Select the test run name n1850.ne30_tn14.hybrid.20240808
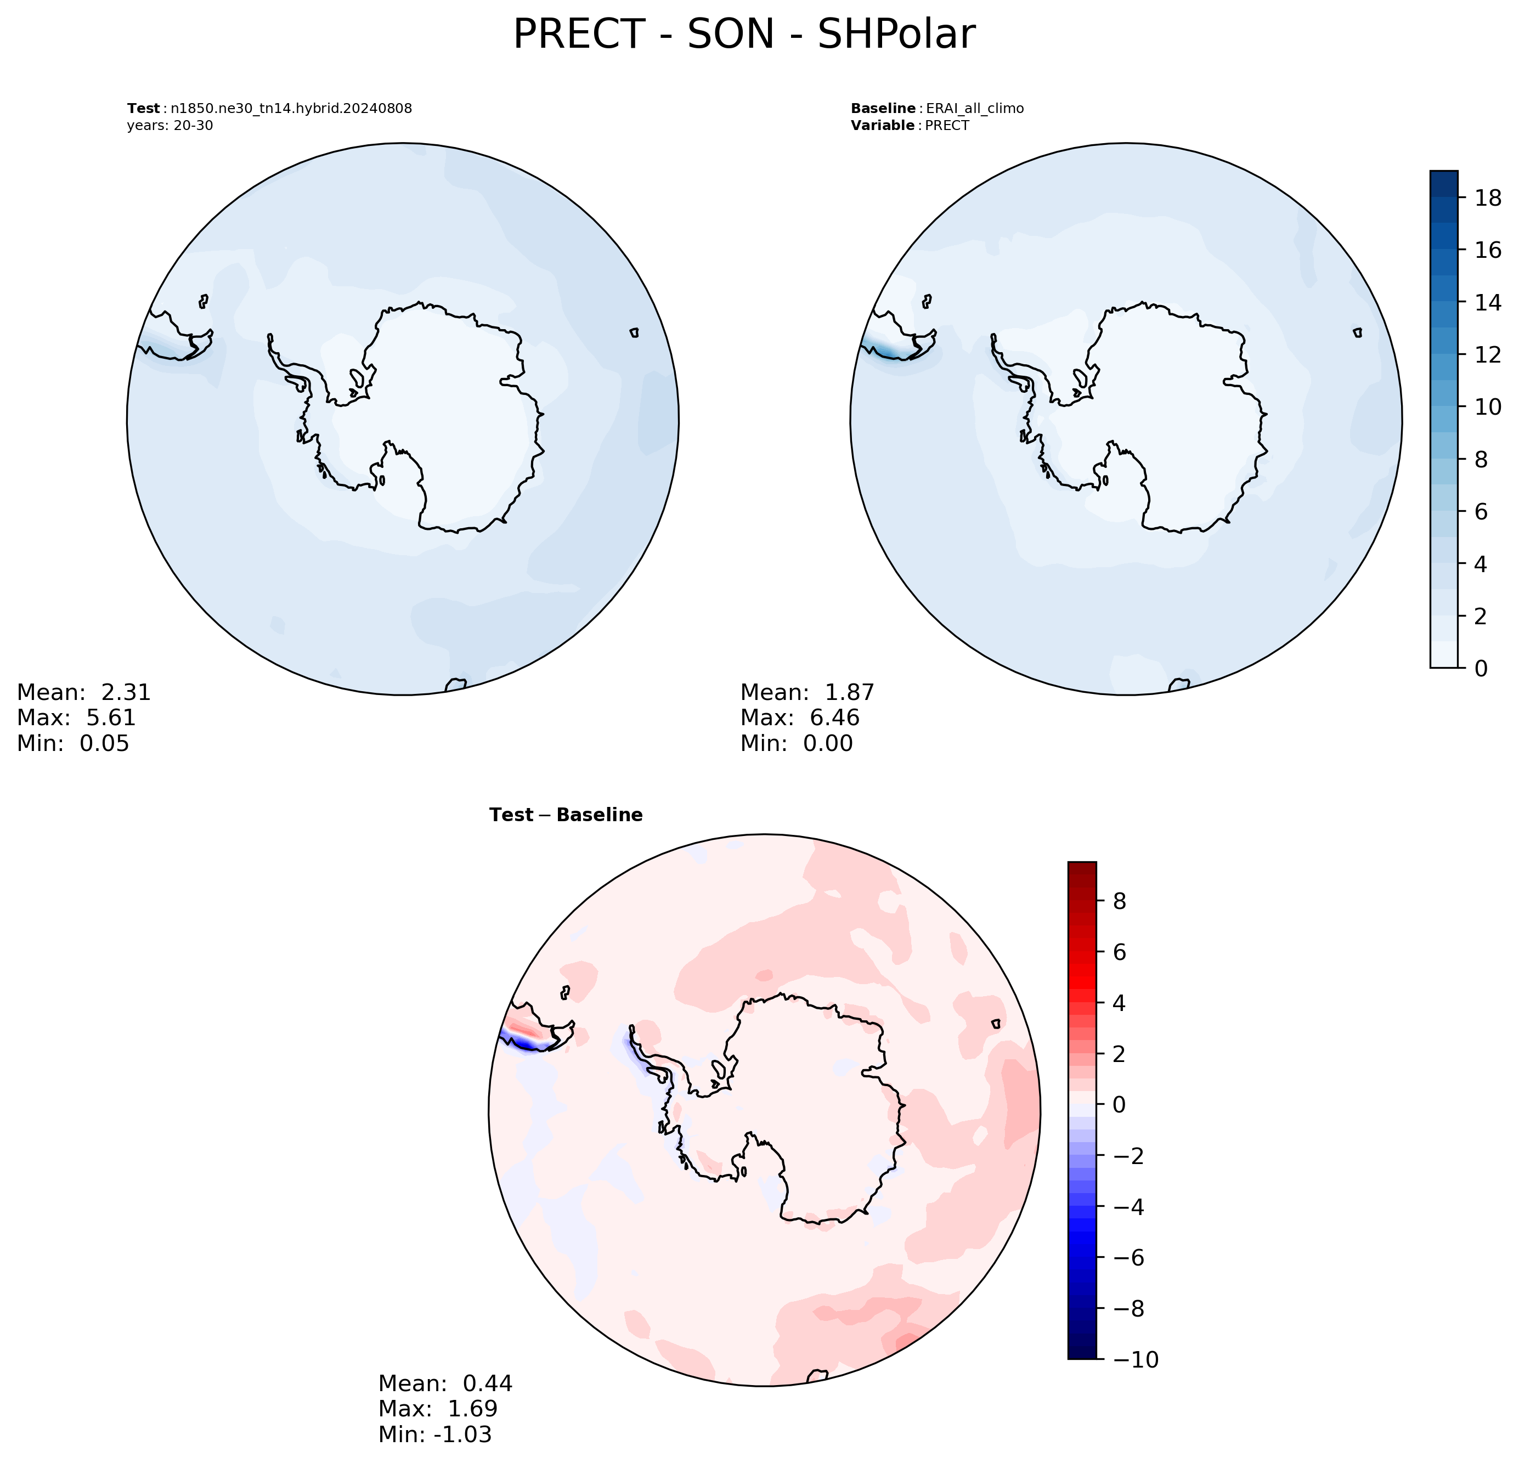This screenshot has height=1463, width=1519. tap(291, 109)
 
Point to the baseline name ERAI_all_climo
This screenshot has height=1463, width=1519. tap(975, 109)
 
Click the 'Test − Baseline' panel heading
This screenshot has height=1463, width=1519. tap(566, 815)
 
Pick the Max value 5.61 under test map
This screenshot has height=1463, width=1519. tap(111, 718)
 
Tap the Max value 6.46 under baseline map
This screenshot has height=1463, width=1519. tap(835, 718)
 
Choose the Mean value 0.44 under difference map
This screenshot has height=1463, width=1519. tap(488, 1383)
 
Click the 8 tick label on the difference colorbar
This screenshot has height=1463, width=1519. tap(1119, 901)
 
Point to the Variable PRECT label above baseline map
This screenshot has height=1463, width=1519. tap(910, 126)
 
